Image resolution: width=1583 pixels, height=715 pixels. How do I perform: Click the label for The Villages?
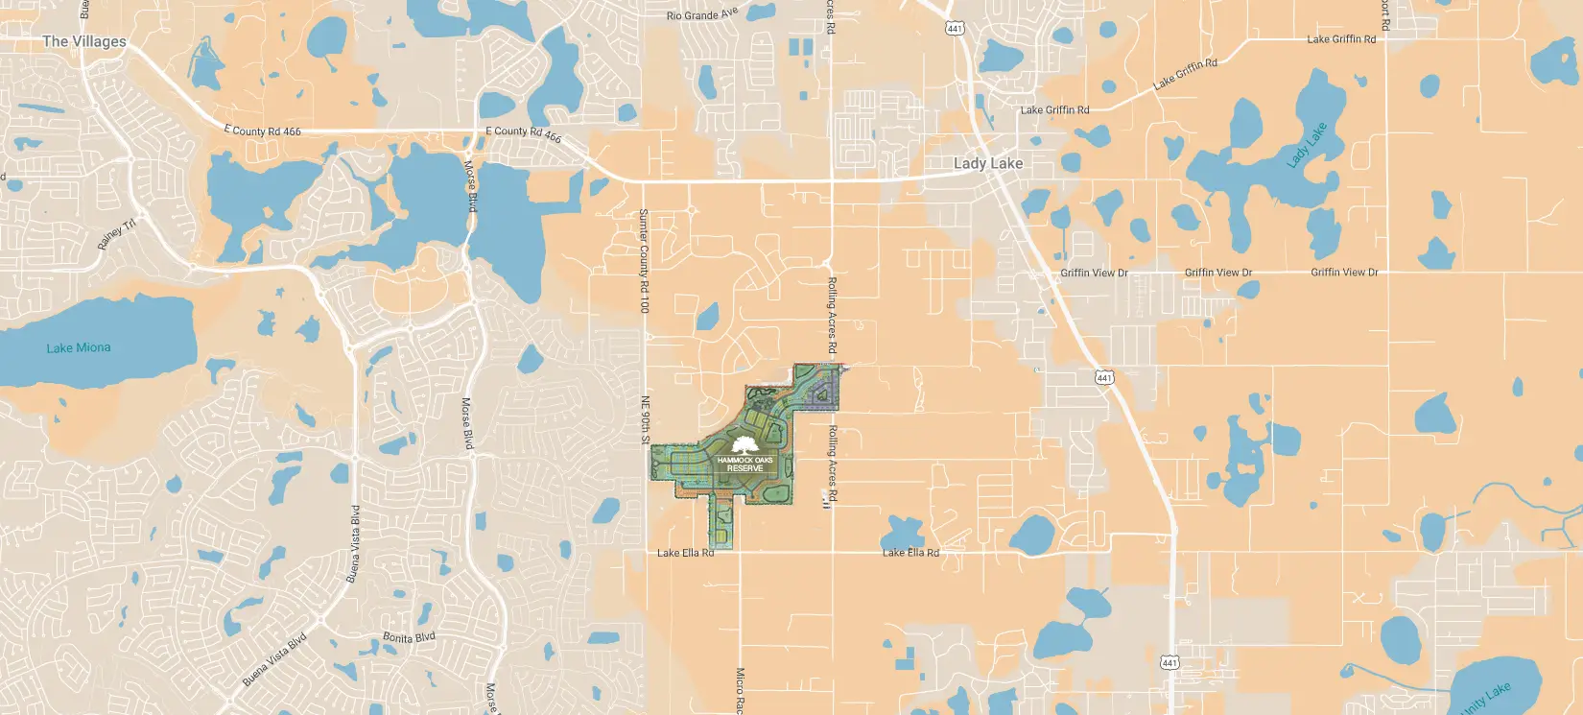pyautogui.click(x=84, y=41)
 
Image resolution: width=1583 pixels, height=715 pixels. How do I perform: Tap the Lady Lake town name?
pyautogui.click(x=988, y=163)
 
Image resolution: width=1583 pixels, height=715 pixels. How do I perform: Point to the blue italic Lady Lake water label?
pyautogui.click(x=1306, y=145)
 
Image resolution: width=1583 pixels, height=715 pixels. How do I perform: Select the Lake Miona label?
pyautogui.click(x=79, y=347)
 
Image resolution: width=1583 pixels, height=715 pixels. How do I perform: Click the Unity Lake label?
pyautogui.click(x=1486, y=699)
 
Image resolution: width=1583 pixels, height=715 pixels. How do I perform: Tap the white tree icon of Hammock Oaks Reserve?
pyautogui.click(x=744, y=444)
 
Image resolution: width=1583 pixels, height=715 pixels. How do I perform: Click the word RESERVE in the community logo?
pyautogui.click(x=744, y=468)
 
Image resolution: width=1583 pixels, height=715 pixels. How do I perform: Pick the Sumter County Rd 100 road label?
pyautogui.click(x=644, y=260)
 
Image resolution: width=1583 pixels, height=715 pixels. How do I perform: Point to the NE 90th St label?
pyautogui.click(x=646, y=419)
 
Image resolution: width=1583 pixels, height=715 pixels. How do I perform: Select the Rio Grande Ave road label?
pyautogui.click(x=702, y=14)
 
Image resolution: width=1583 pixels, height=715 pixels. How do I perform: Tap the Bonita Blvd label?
pyautogui.click(x=409, y=637)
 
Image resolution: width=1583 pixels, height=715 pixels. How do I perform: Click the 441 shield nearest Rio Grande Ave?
pyautogui.click(x=955, y=29)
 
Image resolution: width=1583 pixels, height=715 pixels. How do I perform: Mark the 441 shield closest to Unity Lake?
pyautogui.click(x=1170, y=663)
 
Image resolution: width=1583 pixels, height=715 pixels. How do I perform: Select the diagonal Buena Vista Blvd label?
pyautogui.click(x=274, y=659)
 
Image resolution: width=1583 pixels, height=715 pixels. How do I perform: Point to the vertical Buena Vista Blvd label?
pyautogui.click(x=353, y=544)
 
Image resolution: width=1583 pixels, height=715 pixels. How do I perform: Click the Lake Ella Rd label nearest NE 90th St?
pyautogui.click(x=685, y=553)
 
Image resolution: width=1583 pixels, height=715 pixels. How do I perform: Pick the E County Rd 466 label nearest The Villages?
pyautogui.click(x=262, y=131)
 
